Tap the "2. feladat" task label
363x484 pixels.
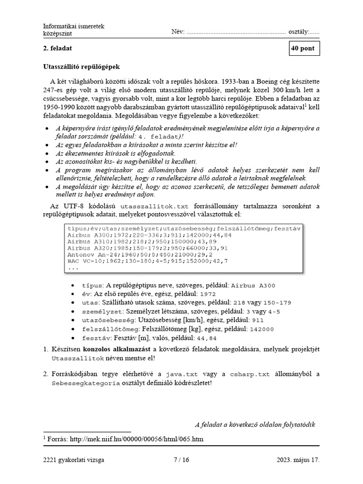point(58,49)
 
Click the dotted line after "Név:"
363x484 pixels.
point(236,33)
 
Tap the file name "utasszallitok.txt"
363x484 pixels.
point(155,207)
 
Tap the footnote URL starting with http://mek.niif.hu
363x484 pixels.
point(137,439)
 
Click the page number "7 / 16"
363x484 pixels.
point(181,459)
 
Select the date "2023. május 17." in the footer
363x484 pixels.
point(298,459)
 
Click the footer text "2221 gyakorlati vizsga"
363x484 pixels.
point(73,459)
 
